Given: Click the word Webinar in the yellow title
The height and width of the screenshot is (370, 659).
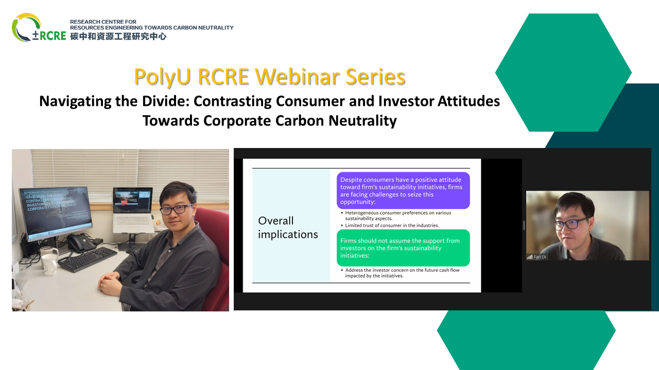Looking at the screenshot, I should (x=299, y=77).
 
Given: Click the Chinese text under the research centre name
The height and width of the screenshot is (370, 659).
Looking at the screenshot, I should (x=118, y=36).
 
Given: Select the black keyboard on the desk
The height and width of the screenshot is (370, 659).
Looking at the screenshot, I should (x=88, y=260).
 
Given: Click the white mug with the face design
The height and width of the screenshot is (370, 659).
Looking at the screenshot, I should (x=50, y=264).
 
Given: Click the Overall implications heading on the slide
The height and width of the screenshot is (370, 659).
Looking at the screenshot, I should (x=288, y=228).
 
